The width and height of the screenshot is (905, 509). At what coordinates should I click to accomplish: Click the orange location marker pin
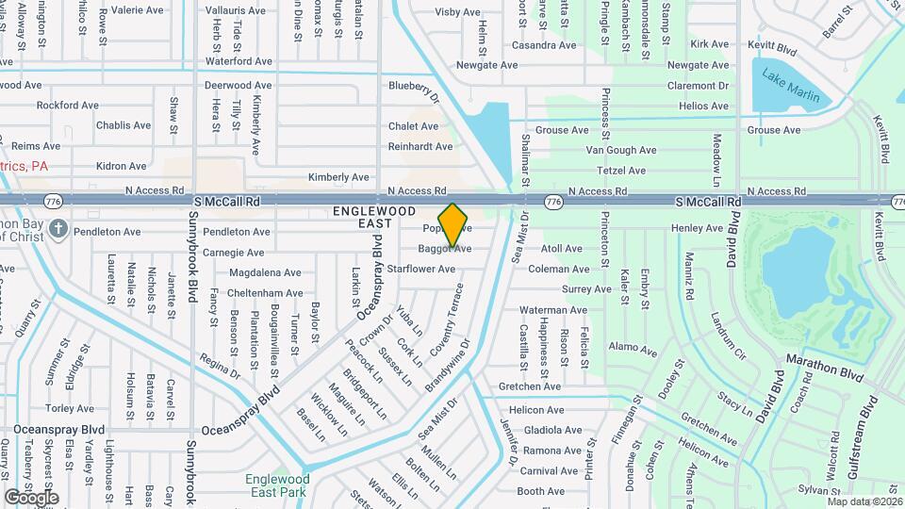point(453,224)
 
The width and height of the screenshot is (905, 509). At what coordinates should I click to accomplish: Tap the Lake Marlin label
point(791,87)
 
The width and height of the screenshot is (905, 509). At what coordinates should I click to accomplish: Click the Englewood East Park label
point(276,485)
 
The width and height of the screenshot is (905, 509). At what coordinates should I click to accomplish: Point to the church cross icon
point(58,229)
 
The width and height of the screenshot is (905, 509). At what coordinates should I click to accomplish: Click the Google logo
point(31,497)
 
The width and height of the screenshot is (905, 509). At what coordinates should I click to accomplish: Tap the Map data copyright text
point(864,501)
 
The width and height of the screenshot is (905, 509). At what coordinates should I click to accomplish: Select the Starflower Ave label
point(421,269)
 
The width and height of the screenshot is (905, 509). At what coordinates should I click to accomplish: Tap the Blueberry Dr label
point(416,89)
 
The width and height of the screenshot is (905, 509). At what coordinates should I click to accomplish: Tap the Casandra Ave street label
point(543,45)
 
